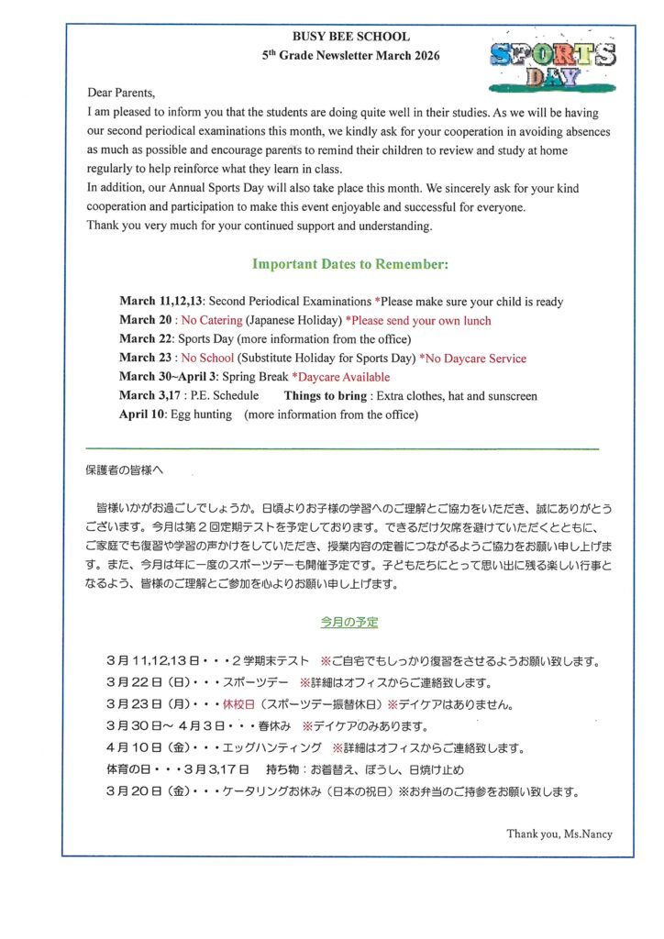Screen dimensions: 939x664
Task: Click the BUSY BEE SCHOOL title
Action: tap(350, 37)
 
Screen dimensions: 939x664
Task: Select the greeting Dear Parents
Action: tap(121, 93)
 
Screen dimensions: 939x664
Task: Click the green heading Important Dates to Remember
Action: tap(350, 264)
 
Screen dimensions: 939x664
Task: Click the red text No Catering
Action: tap(211, 321)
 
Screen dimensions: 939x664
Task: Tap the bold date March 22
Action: tap(144, 339)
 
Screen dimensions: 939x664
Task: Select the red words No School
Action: tap(206, 359)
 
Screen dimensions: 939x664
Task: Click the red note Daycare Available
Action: tap(341, 377)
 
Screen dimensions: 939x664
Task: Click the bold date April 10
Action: tap(140, 414)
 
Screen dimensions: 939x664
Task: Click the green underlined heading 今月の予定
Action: tap(349, 622)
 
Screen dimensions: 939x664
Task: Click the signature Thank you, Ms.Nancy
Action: tap(559, 834)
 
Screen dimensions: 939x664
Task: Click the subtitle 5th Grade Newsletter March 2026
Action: tap(350, 56)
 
